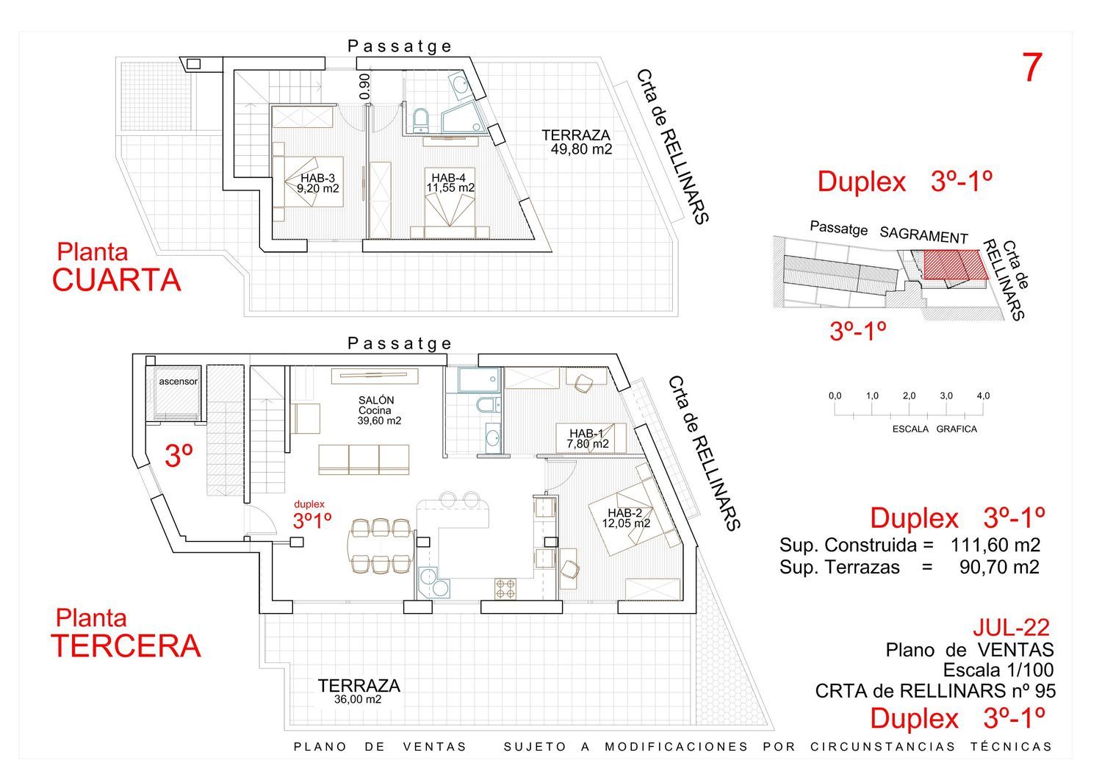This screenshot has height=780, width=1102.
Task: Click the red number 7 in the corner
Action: click(x=1032, y=68)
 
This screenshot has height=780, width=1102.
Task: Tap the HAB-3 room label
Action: click(x=317, y=183)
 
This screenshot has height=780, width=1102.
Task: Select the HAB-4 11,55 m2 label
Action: click(x=450, y=183)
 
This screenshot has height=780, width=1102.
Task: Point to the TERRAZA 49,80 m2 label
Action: click(x=577, y=142)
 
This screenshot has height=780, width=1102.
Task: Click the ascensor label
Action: click(x=178, y=382)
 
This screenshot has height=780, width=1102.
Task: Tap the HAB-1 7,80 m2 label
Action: click(x=587, y=439)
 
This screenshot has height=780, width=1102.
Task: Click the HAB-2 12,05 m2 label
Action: click(x=625, y=518)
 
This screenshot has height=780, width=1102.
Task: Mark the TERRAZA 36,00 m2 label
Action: click(x=359, y=691)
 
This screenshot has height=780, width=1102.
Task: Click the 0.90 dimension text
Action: click(x=365, y=86)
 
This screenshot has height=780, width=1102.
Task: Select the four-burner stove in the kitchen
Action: click(x=505, y=588)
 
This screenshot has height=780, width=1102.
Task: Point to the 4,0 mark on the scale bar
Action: click(x=983, y=396)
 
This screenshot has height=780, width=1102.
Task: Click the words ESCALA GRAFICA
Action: click(x=934, y=429)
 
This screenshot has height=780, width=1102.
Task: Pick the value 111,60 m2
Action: click(x=995, y=545)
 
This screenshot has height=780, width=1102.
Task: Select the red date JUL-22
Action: click(x=1011, y=627)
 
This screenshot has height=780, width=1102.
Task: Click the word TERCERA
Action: click(x=126, y=645)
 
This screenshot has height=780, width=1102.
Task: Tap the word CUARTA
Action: click(x=116, y=280)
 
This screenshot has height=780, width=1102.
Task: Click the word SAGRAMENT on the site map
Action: click(x=923, y=235)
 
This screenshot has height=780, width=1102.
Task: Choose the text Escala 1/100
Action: click(x=998, y=670)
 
